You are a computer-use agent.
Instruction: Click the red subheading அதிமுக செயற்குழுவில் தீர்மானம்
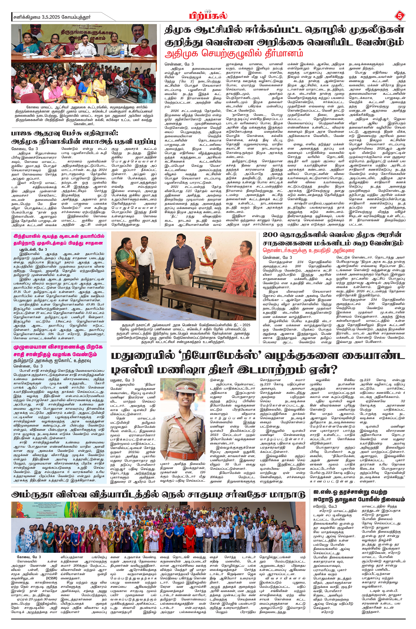(233, 54)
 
